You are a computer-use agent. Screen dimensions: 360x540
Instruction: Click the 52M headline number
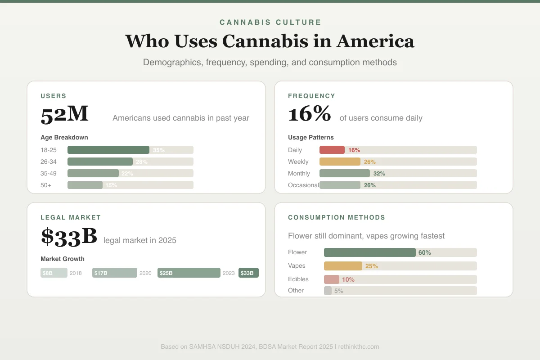(64, 114)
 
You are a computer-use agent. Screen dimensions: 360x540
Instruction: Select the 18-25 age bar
(108, 150)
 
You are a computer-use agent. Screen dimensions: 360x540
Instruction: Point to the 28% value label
(142, 162)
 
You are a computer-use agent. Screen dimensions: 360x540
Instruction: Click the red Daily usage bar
(332, 150)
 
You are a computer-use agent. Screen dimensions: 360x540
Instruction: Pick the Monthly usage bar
(344, 173)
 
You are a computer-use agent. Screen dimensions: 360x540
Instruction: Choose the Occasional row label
(303, 185)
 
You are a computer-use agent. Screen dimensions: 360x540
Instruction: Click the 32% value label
(379, 174)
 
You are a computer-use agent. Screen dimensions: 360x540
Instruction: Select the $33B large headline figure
(69, 236)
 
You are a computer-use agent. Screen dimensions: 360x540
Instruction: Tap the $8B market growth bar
(54, 273)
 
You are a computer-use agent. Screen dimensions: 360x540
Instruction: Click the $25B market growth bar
(189, 273)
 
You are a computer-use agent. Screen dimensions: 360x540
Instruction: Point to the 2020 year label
(145, 273)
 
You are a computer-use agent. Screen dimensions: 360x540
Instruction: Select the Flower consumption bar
(369, 252)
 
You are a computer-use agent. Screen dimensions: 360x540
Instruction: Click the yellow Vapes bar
(343, 266)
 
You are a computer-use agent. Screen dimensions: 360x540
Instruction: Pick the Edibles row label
(298, 279)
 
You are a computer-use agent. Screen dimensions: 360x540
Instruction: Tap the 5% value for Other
(339, 291)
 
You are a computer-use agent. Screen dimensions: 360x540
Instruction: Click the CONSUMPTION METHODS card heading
(337, 217)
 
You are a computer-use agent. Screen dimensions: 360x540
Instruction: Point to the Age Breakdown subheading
(64, 137)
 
